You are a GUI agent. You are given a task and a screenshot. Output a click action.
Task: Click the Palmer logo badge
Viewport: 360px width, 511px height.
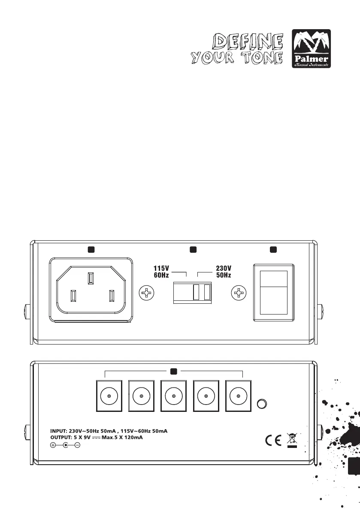click(x=311, y=49)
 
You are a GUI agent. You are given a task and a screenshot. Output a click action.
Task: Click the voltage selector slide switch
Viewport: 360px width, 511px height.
click(x=192, y=292)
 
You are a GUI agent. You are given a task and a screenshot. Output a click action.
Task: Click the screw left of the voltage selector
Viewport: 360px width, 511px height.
click(x=147, y=293)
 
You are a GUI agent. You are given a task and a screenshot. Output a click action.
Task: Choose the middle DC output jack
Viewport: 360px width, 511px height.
click(x=173, y=397)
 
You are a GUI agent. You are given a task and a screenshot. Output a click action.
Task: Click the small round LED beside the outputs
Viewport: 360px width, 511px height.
click(x=261, y=404)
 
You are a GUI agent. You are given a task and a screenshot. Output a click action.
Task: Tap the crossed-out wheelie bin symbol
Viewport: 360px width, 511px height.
click(x=292, y=440)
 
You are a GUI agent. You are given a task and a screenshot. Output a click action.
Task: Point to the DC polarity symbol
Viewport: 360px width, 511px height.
click(x=65, y=445)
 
